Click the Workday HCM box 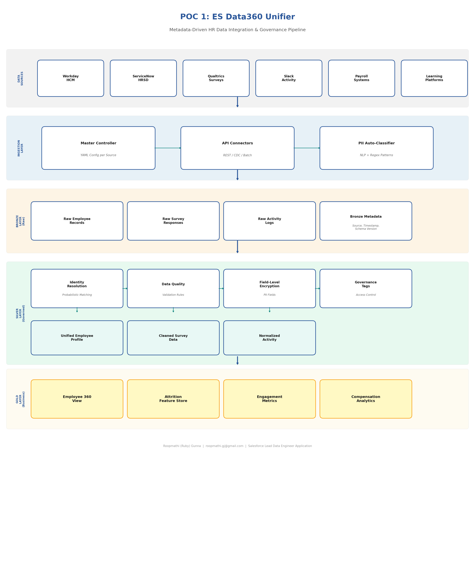tap(70, 78)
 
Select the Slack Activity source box tap(289, 78)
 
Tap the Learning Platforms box tap(434, 78)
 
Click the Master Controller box tap(98, 148)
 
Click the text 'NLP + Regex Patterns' tap(376, 155)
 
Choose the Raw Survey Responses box tap(173, 221)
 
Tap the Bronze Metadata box tap(366, 221)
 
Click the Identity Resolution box tap(77, 288)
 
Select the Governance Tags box tap(366, 288)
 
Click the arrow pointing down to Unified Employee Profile tap(77, 310)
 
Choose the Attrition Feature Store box tap(173, 399)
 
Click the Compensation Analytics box tap(366, 399)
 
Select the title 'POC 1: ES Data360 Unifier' tap(237, 17)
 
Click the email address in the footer tap(224, 446)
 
